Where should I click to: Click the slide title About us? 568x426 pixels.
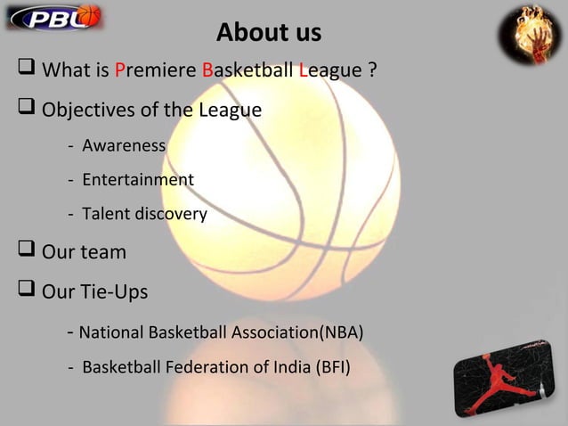pos(269,34)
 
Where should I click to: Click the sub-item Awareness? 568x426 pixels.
pos(124,145)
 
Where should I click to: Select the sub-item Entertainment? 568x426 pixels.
pos(138,180)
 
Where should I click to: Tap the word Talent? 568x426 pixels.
pos(106,215)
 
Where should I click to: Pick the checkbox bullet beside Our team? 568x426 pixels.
pos(24,252)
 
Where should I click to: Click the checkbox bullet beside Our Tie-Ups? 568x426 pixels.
pos(24,291)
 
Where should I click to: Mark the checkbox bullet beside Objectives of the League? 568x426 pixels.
pos(24,111)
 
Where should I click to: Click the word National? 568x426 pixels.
pos(110,333)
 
